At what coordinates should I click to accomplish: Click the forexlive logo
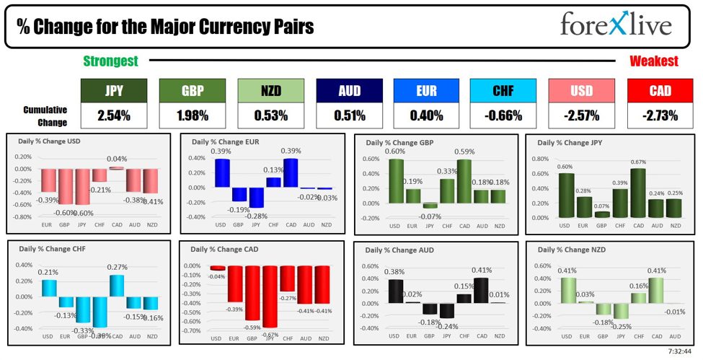(x=616, y=26)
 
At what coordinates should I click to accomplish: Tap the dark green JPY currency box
(x=113, y=91)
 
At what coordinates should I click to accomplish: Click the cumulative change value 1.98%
(x=192, y=115)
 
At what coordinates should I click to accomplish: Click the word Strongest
(x=110, y=61)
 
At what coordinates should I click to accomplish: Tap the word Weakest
(x=653, y=61)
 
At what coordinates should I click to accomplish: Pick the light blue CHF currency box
(x=503, y=91)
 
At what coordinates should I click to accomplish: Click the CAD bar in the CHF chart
(x=117, y=286)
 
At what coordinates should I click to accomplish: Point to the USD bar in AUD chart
(x=395, y=291)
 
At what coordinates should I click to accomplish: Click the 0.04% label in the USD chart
(x=117, y=159)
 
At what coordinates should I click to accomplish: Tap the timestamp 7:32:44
(x=678, y=352)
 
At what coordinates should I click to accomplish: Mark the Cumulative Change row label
(x=45, y=115)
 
